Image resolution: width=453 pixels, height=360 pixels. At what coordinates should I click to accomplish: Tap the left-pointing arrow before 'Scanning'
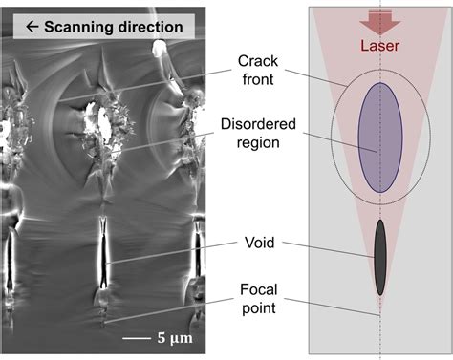[x=18, y=26]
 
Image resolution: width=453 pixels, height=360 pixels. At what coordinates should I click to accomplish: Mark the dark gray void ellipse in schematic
[x=380, y=256]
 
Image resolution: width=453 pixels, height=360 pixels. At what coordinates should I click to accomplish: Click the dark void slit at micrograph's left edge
[x=9, y=258]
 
